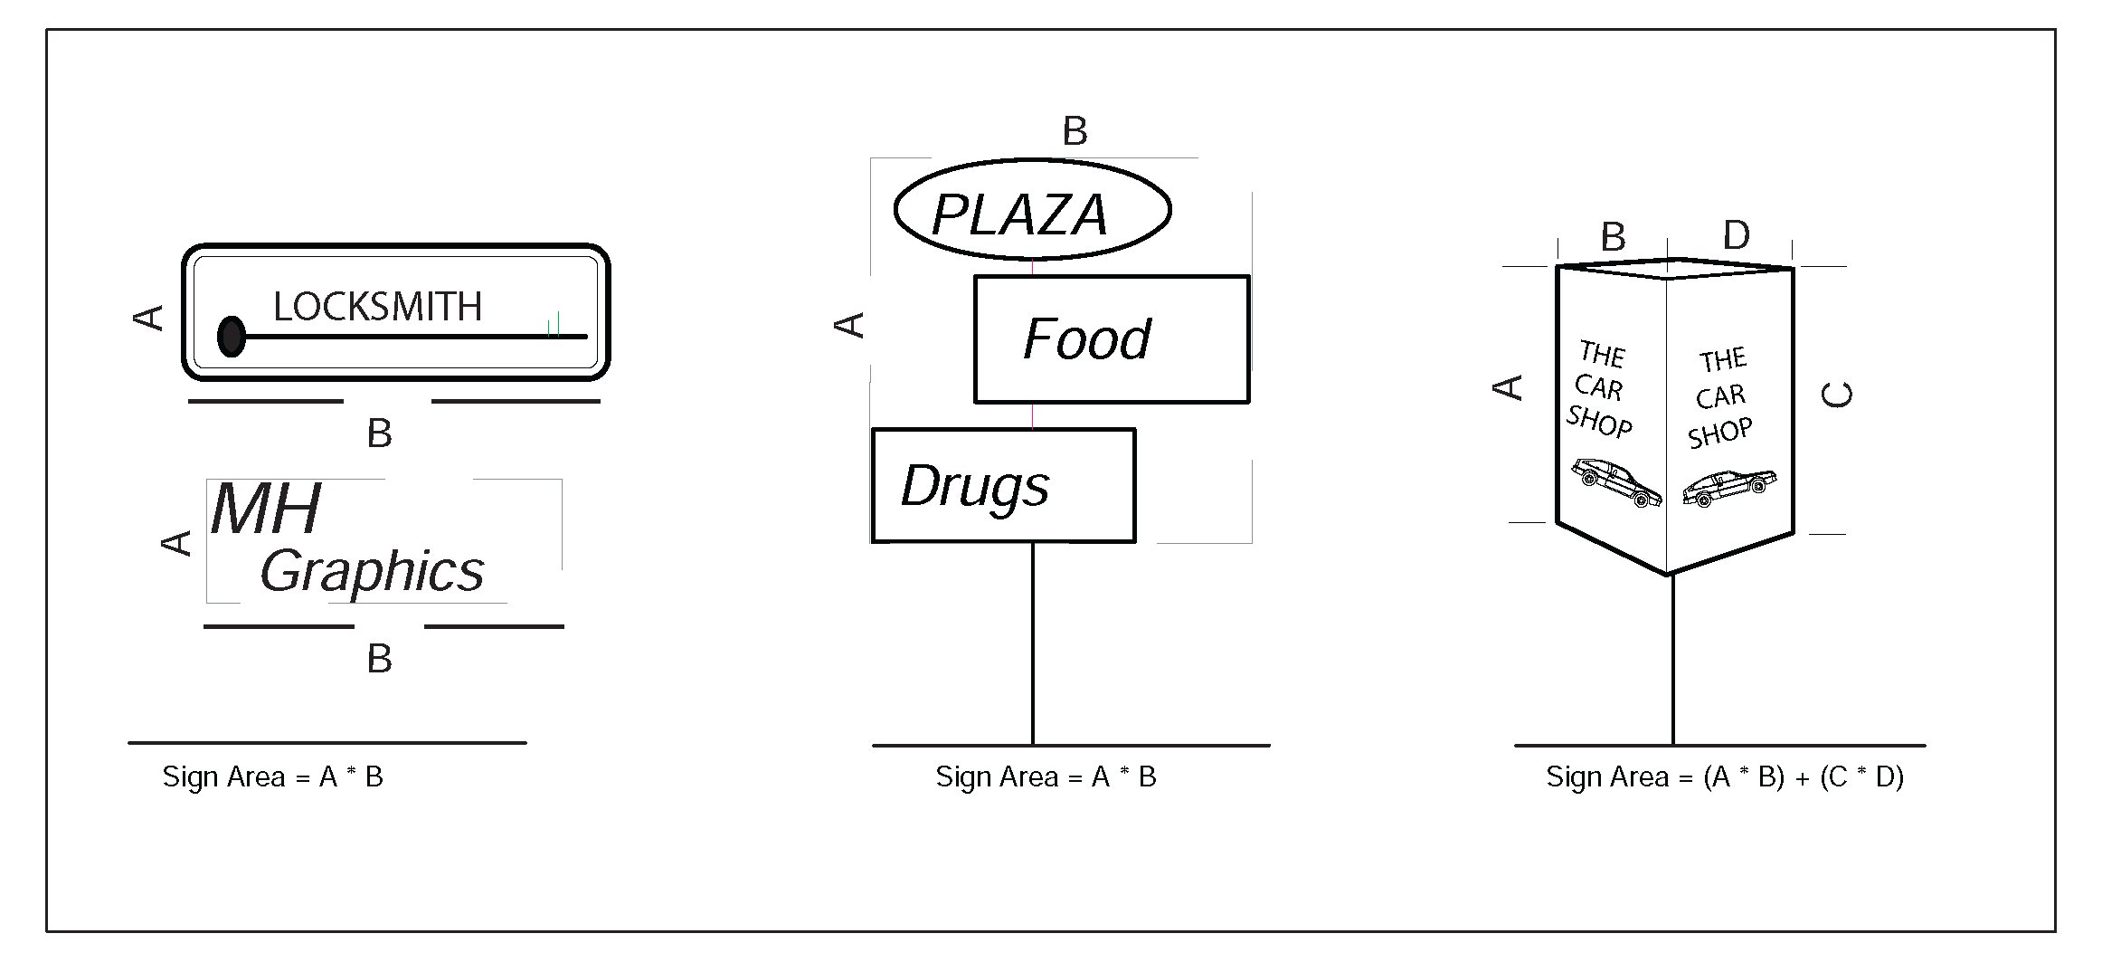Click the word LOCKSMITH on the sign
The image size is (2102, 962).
click(377, 307)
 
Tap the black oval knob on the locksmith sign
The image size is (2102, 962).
click(232, 336)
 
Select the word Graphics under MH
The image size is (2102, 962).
click(372, 572)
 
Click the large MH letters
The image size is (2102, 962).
click(266, 509)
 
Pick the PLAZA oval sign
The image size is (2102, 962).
click(1032, 211)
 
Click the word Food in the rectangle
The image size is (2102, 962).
click(1086, 339)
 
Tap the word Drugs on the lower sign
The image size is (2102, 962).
click(975, 486)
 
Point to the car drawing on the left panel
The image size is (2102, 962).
click(1616, 481)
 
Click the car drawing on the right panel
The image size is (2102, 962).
click(1728, 487)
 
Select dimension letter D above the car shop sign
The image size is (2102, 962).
click(1736, 235)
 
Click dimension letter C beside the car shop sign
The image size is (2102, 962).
click(1837, 395)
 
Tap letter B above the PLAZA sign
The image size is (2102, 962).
click(1075, 132)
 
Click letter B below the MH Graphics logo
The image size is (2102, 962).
click(379, 659)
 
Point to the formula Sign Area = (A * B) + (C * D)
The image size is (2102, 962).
click(1724, 777)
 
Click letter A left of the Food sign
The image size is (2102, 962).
click(849, 325)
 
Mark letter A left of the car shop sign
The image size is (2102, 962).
click(1507, 387)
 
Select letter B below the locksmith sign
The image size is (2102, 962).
click(379, 434)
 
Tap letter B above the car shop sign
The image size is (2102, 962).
click(1614, 238)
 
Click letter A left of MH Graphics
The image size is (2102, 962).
click(176, 543)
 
